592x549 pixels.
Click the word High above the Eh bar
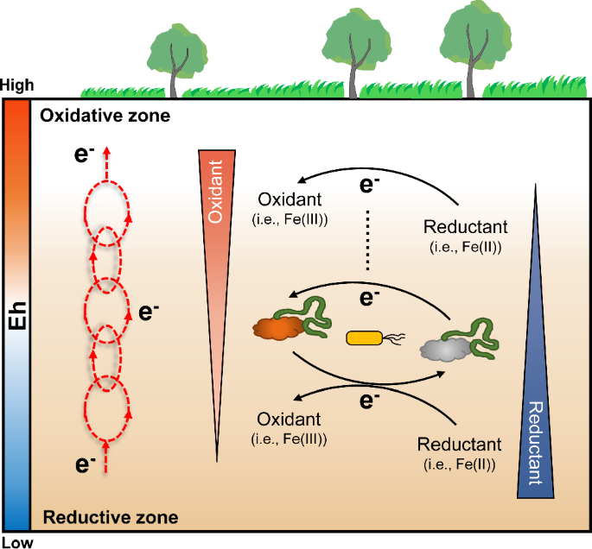[x=18, y=86]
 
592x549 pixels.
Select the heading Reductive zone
[x=111, y=518]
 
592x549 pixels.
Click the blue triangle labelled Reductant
[x=536, y=388]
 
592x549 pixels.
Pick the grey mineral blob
[x=447, y=349]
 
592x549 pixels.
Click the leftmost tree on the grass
[x=178, y=56]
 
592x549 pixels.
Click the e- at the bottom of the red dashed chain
[x=84, y=465]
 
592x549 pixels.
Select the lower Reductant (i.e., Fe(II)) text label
[x=459, y=453]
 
